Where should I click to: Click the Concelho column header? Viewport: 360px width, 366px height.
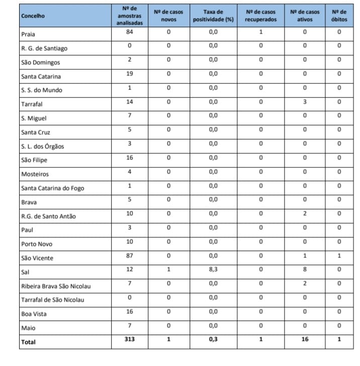pyautogui.click(x=33, y=16)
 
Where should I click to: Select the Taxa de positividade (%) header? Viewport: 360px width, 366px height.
pyautogui.click(x=213, y=16)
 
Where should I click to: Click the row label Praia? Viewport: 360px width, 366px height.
pyautogui.click(x=28, y=34)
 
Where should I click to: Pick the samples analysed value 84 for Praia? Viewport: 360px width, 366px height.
pyautogui.click(x=129, y=32)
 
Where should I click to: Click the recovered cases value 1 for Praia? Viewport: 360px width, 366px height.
pyautogui.click(x=260, y=32)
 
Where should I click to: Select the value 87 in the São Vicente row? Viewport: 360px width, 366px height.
pyautogui.click(x=129, y=255)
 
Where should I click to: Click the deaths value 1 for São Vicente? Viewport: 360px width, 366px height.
pyautogui.click(x=339, y=255)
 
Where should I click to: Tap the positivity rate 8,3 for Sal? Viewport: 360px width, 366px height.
pyautogui.click(x=213, y=269)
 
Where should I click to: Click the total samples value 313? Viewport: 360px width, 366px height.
pyautogui.click(x=129, y=339)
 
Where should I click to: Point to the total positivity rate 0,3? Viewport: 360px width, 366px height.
pyautogui.click(x=213, y=339)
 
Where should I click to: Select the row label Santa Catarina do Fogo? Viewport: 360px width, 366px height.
pyautogui.click(x=53, y=189)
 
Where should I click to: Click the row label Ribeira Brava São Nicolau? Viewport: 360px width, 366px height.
pyautogui.click(x=56, y=287)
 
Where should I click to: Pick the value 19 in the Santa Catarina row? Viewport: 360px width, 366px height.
pyautogui.click(x=129, y=73)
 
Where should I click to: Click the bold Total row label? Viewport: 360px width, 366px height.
pyautogui.click(x=29, y=342)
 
